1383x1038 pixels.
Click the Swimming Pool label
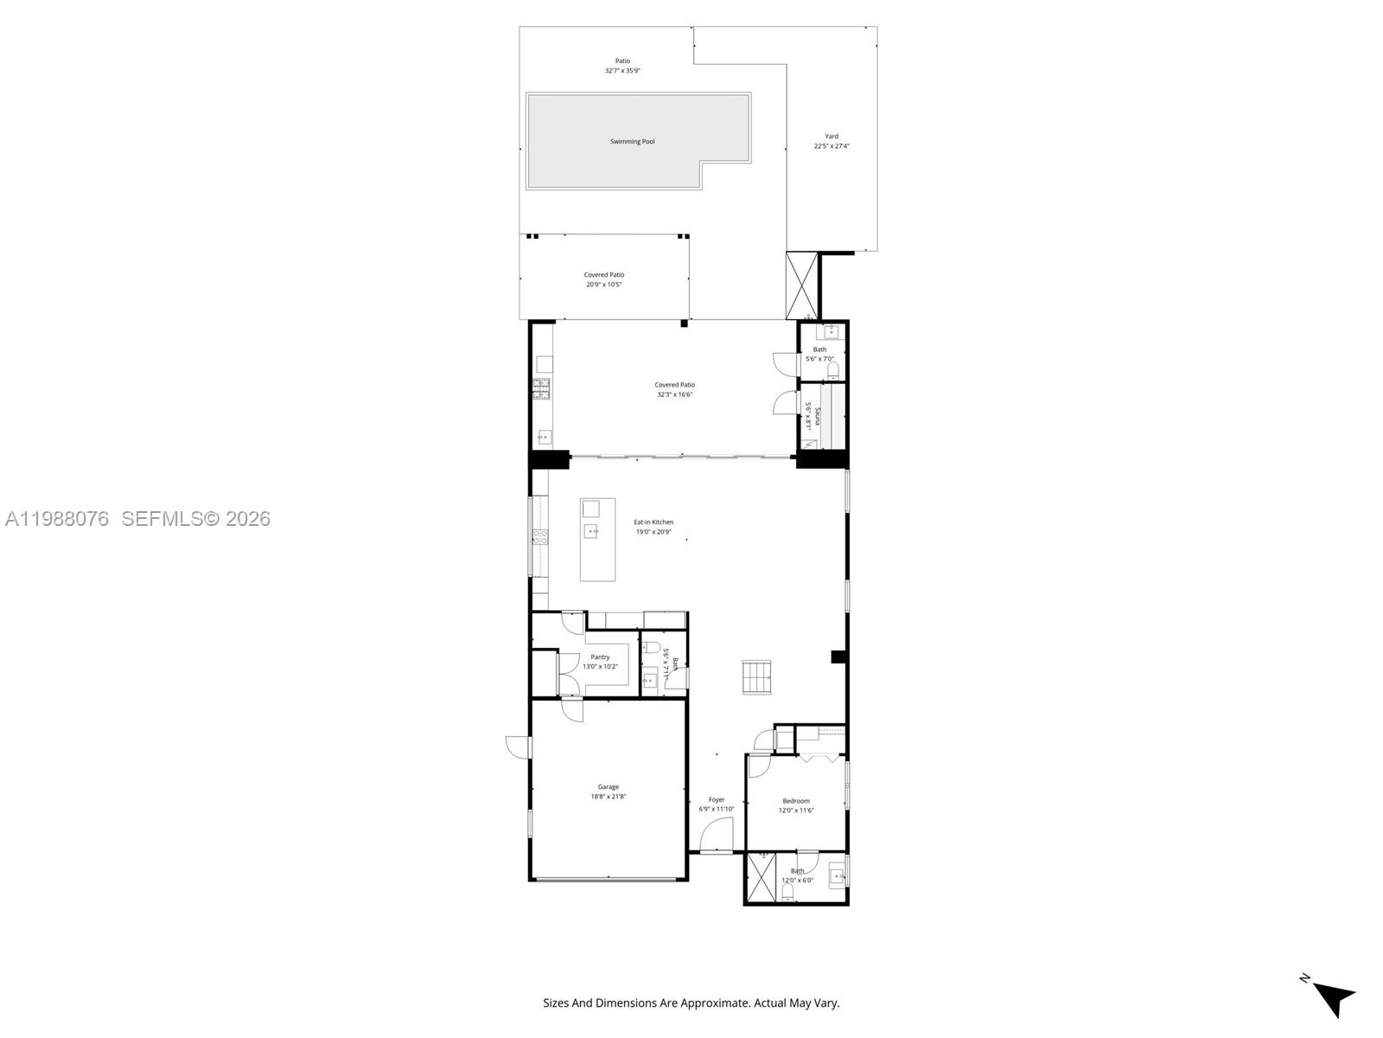coord(632,142)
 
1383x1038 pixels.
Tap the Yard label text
coord(832,137)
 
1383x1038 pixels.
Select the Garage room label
coord(609,787)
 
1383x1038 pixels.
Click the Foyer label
coord(717,800)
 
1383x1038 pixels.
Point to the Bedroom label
coord(796,801)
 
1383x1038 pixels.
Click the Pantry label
coord(600,657)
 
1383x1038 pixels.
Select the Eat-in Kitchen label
coord(653,522)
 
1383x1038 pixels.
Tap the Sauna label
coord(818,416)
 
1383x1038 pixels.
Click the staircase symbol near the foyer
coord(756,676)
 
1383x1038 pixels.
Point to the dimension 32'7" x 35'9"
coord(622,71)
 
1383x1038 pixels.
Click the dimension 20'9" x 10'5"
coord(604,285)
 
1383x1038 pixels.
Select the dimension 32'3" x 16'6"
coord(674,394)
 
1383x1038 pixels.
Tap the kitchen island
coord(597,539)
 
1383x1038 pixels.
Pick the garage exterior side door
coord(519,746)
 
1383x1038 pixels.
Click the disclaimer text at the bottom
coord(691,1003)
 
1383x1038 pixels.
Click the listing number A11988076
coord(57,519)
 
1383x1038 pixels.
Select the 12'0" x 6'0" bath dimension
coord(797,881)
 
